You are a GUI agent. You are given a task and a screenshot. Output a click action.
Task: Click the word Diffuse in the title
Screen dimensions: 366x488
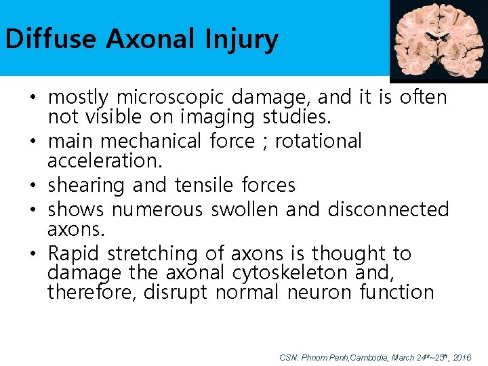coord(51,39)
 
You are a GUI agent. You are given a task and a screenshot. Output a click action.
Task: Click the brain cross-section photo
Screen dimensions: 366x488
coord(438,40)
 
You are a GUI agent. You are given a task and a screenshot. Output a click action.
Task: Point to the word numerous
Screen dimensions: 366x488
coord(157,209)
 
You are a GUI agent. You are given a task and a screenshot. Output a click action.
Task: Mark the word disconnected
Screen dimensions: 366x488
coord(388,209)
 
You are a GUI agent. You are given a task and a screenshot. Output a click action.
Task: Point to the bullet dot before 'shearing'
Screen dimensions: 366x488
coord(33,186)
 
